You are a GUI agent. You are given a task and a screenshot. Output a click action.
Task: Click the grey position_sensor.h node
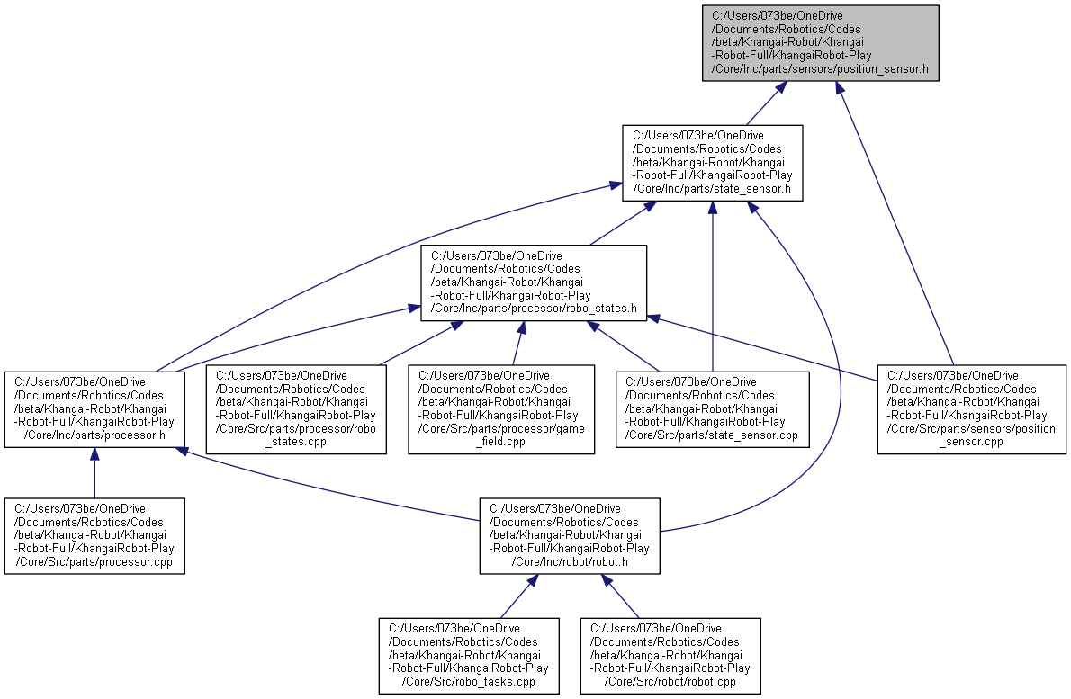tap(821, 43)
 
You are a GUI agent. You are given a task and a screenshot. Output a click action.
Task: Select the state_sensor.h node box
tap(713, 162)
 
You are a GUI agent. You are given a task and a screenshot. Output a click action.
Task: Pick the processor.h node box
tap(94, 408)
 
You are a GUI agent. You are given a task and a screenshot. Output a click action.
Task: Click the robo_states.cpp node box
tap(297, 408)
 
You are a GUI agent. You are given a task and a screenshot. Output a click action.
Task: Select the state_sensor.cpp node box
tap(712, 408)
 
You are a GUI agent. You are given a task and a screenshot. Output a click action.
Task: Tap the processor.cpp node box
tap(94, 536)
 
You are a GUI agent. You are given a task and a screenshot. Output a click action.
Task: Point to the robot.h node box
tap(569, 536)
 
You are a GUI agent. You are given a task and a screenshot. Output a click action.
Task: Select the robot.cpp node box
tap(670, 655)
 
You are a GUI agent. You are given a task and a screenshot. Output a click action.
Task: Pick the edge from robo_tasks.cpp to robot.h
tap(515, 599)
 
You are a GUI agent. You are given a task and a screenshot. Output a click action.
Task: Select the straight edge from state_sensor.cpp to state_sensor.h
tap(712, 288)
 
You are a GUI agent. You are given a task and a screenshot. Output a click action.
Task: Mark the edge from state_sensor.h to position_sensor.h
tap(761, 103)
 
